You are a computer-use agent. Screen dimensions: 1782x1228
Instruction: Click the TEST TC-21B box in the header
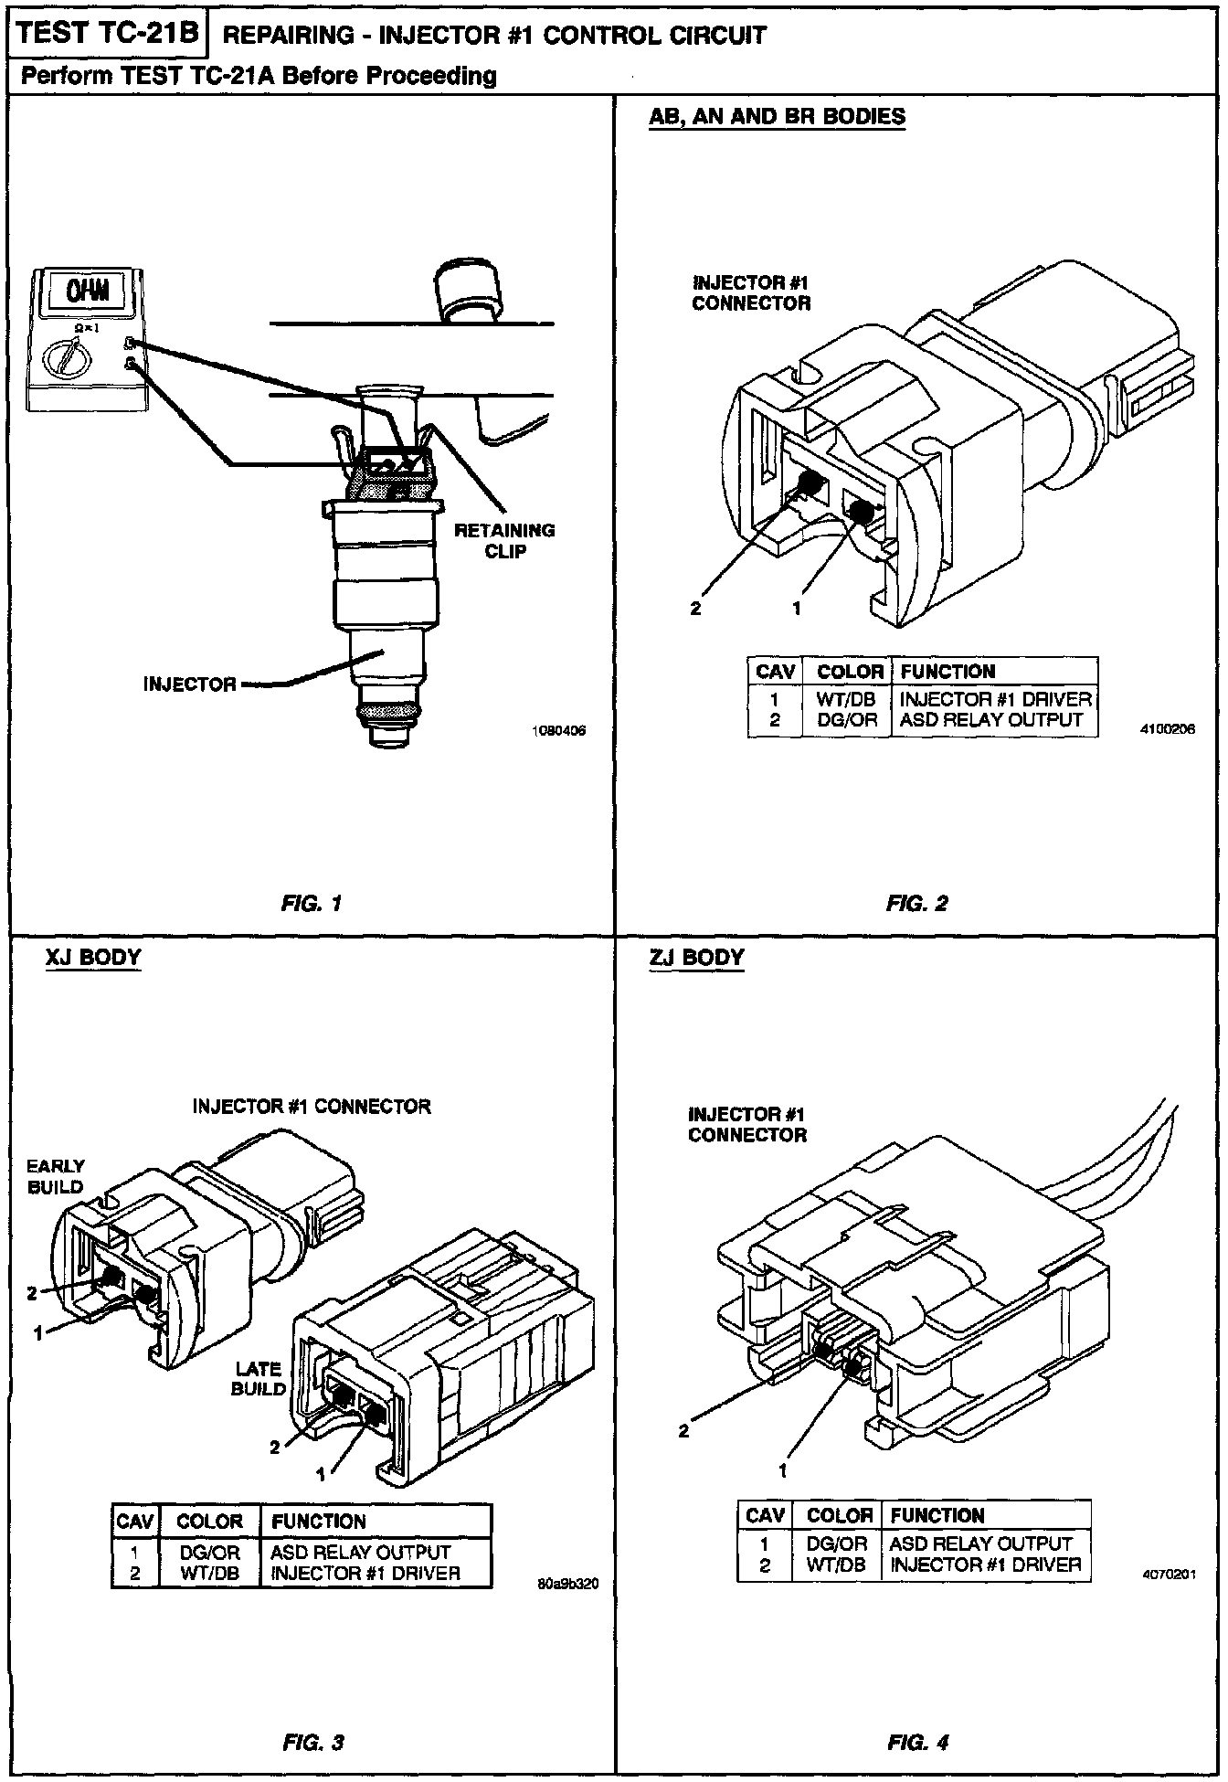[108, 34]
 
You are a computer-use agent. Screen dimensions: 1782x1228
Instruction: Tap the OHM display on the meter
[88, 292]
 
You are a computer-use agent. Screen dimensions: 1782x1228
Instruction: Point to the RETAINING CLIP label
[504, 541]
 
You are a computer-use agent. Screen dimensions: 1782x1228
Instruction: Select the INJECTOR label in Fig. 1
[189, 684]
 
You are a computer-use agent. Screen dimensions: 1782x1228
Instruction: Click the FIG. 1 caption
[312, 904]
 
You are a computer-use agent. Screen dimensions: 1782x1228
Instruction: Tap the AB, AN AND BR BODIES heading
[777, 117]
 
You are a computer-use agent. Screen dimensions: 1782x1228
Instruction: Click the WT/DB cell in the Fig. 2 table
[846, 699]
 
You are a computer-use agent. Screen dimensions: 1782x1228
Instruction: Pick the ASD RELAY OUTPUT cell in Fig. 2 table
[991, 720]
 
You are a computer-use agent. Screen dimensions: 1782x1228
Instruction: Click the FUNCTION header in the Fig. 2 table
[947, 672]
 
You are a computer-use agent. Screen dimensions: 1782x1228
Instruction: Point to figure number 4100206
[1168, 730]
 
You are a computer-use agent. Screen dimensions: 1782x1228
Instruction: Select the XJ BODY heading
[93, 958]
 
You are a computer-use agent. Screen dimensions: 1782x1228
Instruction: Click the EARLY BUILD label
[55, 1177]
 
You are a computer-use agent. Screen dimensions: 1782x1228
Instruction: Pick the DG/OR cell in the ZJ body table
[837, 1543]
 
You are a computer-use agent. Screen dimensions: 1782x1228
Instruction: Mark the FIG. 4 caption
[917, 1743]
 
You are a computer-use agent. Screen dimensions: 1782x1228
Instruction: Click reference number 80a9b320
[567, 1584]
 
